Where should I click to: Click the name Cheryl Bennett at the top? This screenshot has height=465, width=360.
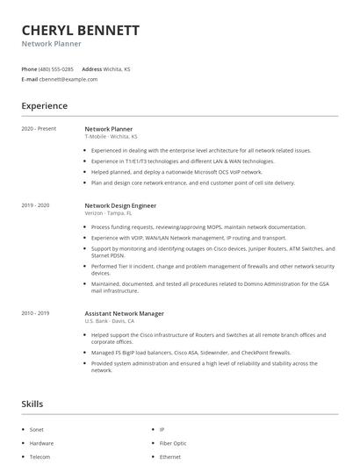click(x=80, y=30)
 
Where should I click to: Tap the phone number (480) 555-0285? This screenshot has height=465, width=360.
click(x=56, y=68)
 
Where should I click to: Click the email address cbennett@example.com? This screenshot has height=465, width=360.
click(x=68, y=79)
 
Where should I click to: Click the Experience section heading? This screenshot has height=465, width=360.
click(x=44, y=106)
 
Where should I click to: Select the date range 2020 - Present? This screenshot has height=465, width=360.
click(x=39, y=129)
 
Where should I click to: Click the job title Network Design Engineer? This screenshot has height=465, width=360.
click(x=120, y=204)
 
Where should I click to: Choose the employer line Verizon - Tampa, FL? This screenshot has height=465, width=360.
click(x=109, y=212)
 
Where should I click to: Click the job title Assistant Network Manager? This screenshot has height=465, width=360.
click(x=124, y=313)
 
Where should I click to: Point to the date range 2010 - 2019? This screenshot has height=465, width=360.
click(x=36, y=313)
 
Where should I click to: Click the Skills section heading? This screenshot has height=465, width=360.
click(x=33, y=404)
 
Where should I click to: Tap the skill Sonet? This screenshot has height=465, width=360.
click(x=38, y=430)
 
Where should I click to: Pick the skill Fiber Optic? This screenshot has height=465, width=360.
click(x=172, y=443)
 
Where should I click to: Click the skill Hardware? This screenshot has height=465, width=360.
click(x=41, y=443)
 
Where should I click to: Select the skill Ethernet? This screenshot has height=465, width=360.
click(x=169, y=456)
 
